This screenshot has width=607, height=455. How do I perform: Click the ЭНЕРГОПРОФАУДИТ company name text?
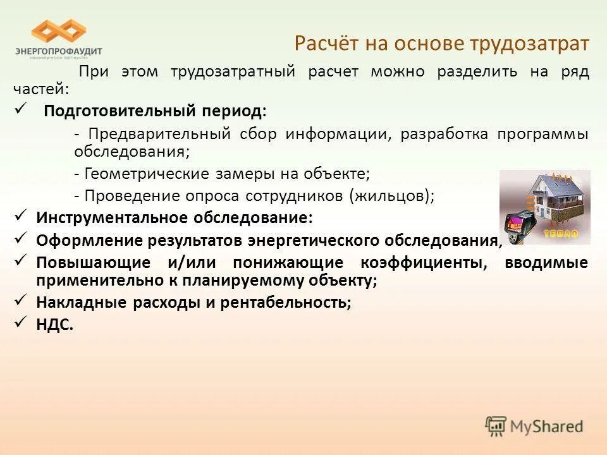[58, 51]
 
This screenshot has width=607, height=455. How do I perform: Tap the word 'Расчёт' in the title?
[324, 44]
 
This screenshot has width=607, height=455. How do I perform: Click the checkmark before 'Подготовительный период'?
[20, 110]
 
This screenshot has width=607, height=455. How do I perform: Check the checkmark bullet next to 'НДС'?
[20, 323]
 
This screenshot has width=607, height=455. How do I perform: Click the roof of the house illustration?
[551, 185]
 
